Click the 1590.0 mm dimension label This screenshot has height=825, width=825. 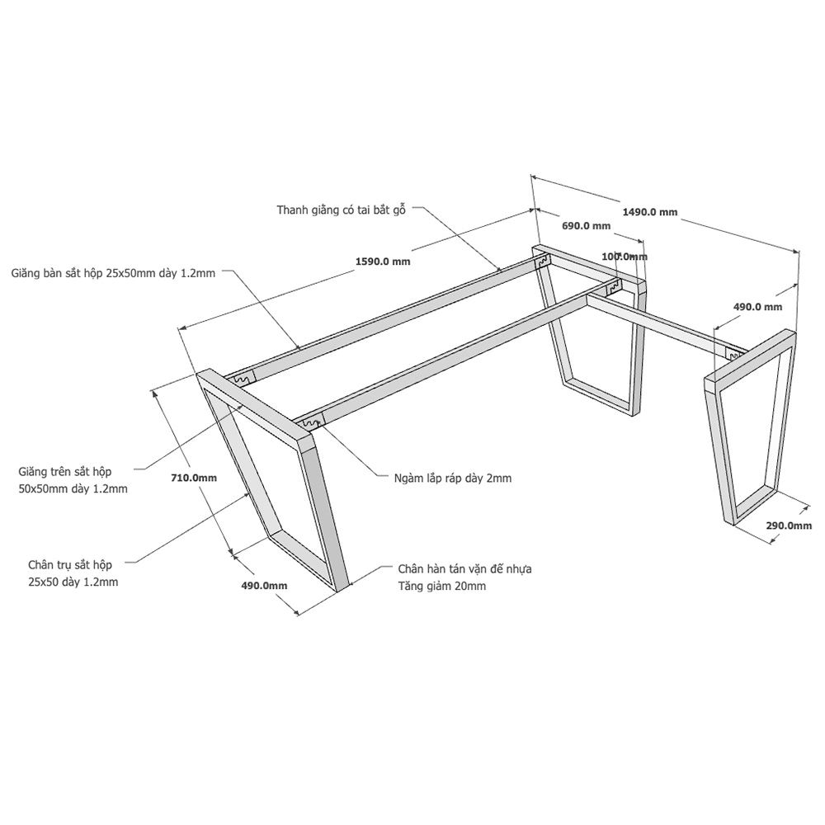383,262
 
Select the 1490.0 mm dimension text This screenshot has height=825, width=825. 650,212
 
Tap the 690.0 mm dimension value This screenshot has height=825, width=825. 586,226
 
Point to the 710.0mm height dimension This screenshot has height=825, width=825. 194,478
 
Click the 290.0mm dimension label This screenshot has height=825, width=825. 789,525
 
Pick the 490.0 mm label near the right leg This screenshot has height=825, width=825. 757,307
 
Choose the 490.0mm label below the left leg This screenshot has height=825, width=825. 264,585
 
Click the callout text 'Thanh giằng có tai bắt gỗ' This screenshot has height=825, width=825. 342,210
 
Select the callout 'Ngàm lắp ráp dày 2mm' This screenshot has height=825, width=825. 452,478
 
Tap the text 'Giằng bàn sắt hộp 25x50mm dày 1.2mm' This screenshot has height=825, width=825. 113,273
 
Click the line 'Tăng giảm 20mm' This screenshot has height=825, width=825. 441,586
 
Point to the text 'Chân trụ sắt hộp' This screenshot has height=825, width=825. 70,565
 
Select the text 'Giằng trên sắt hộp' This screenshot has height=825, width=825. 64,471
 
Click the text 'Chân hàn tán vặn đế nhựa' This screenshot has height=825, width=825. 464,568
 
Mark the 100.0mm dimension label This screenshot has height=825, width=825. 625,257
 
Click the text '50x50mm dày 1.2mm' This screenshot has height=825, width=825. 73,488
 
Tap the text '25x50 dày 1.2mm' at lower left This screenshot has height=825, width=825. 73,582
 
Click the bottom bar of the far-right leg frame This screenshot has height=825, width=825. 757,504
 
